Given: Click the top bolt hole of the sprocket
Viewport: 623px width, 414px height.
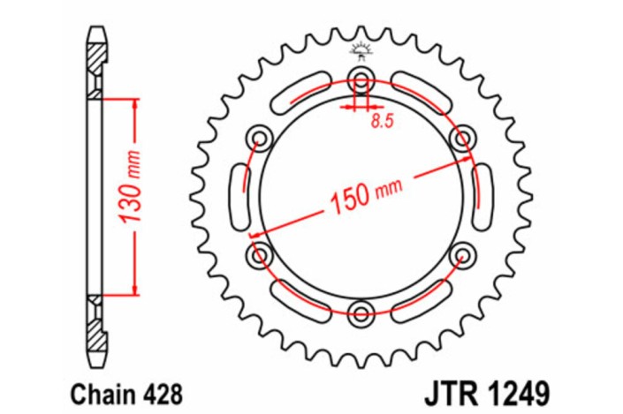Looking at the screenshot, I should tap(361, 75).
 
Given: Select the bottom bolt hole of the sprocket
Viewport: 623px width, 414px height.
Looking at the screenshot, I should tap(360, 312).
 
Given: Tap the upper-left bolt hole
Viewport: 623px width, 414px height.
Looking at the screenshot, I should tap(259, 136).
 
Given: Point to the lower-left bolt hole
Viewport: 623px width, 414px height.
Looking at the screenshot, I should tap(258, 255).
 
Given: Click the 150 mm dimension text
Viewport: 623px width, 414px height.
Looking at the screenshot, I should tap(365, 196).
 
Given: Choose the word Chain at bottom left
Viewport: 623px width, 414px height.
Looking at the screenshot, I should tap(93, 390).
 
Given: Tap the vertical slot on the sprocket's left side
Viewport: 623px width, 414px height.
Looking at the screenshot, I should tap(237, 195).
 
